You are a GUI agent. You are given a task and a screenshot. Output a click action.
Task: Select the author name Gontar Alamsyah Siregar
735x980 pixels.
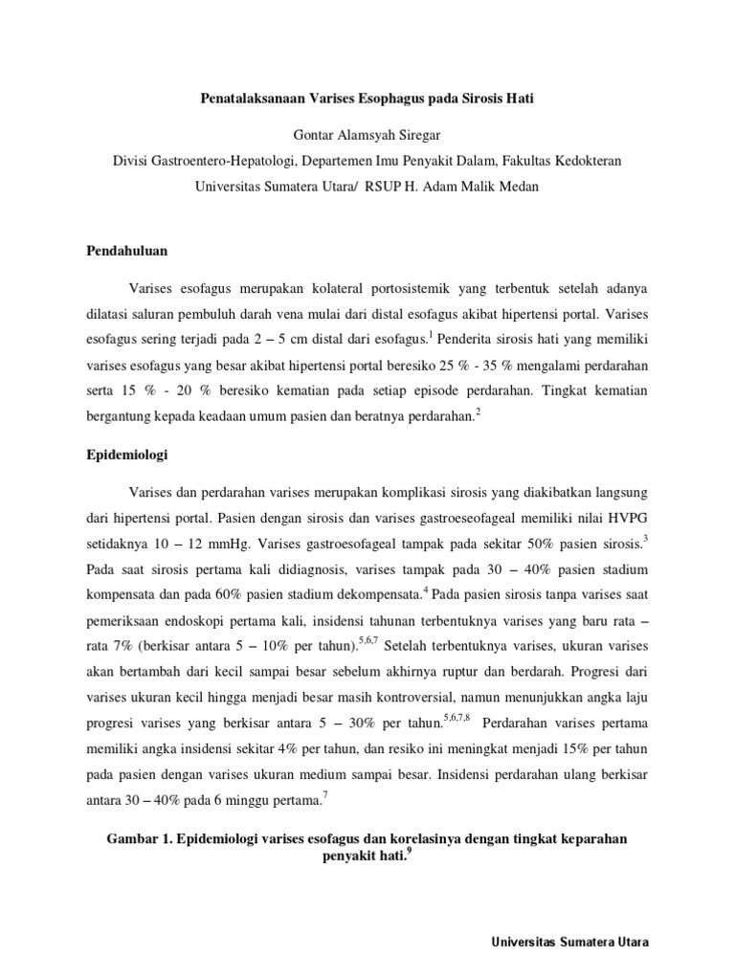(367, 133)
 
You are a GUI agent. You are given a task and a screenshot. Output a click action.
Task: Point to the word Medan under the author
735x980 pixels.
(518, 187)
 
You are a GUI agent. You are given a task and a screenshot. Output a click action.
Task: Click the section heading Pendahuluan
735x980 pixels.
(122, 252)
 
